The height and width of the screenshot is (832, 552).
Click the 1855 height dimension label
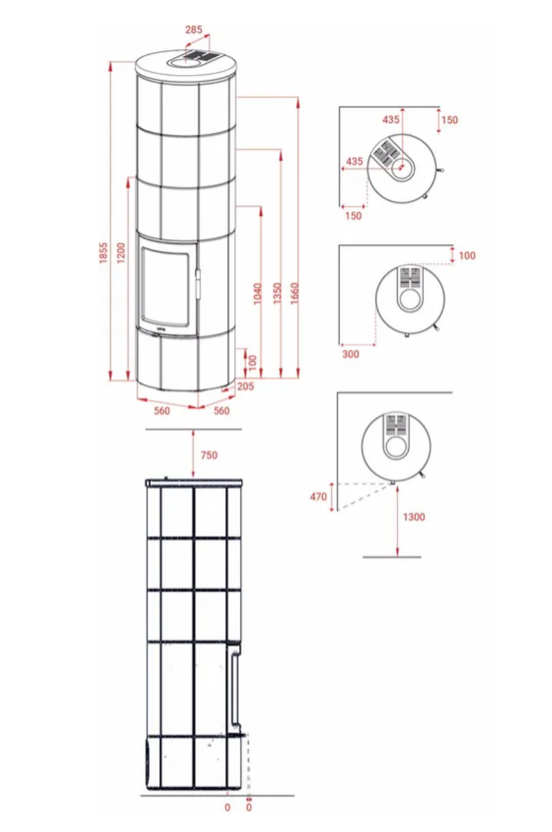point(103,253)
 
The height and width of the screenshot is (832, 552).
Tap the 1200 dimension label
point(121,253)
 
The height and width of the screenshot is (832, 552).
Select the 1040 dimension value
point(258,294)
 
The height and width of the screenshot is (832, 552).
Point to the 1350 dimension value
point(277,294)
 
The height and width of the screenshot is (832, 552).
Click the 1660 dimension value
point(294,294)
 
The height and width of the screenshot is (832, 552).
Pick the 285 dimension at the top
point(194,30)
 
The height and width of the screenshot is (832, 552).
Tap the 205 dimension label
point(246,386)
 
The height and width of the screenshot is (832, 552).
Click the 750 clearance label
point(209,455)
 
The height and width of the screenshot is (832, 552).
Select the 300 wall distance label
point(350,354)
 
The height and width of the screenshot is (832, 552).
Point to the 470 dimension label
point(318,497)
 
